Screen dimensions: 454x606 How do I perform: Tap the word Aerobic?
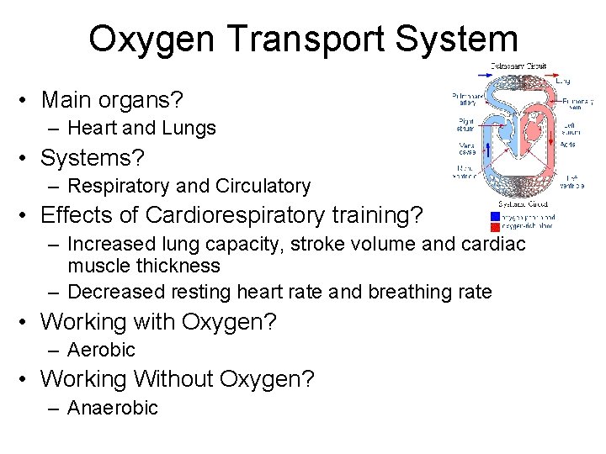(101, 350)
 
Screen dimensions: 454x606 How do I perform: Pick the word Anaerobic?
(112, 408)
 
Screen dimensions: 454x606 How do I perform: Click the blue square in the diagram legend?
(495, 216)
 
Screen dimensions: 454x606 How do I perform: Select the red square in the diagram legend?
(495, 225)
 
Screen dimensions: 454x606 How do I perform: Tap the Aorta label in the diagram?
(568, 144)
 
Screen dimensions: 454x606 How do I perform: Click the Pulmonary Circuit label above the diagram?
(518, 66)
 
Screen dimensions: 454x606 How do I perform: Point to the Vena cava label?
(466, 148)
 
